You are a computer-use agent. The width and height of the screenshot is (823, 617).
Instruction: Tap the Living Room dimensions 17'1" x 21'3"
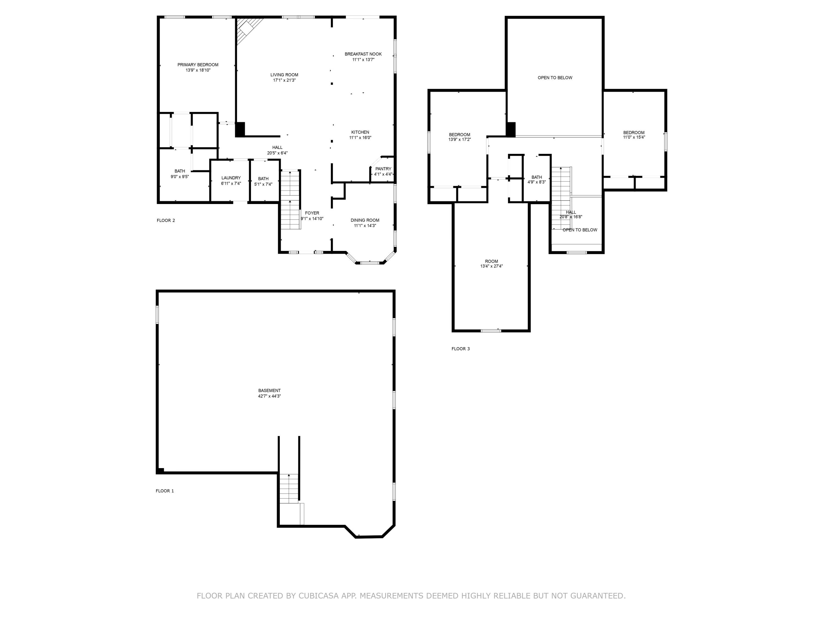coord(284,80)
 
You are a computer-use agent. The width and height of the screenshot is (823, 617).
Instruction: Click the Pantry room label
coord(383,169)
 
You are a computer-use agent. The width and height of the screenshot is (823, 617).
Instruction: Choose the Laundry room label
coord(231,178)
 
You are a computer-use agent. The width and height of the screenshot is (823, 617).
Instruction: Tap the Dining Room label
coord(365,220)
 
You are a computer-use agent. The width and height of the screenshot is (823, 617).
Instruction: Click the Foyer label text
coord(312,213)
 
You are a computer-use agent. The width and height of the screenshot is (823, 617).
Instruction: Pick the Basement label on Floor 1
coord(269,390)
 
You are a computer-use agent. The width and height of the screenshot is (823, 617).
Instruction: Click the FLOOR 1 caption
coord(164,491)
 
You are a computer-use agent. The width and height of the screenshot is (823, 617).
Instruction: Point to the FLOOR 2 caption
coord(166,220)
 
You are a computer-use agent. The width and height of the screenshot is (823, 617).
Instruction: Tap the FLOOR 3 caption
coord(460,349)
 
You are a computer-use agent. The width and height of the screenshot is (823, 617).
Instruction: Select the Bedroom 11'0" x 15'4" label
coord(634,133)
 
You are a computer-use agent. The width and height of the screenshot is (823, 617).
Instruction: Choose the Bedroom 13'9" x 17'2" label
coord(459,135)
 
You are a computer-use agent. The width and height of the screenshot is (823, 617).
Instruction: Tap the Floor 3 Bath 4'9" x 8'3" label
coord(537,177)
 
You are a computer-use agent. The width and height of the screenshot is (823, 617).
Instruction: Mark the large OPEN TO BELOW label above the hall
coord(555,78)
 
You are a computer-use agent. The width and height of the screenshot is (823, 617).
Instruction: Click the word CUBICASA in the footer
coord(318,596)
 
